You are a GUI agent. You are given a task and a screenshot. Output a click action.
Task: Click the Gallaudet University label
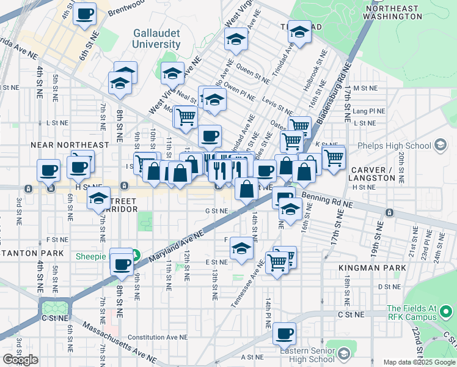click(158, 39)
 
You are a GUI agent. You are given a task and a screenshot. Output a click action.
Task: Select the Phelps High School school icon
click(439, 146)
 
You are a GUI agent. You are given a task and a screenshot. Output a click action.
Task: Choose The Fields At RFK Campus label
click(412, 313)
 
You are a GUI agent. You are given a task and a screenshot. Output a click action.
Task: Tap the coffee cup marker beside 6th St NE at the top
click(84, 13)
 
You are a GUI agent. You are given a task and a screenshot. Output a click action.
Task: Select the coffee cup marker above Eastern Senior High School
click(284, 334)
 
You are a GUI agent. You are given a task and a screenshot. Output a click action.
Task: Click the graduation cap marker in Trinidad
click(299, 32)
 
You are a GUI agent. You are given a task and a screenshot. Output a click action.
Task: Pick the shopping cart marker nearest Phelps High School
click(333, 157)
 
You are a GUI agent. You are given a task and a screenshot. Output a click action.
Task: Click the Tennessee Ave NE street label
click(247, 284)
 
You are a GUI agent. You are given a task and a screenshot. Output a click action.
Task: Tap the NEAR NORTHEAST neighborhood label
click(70, 145)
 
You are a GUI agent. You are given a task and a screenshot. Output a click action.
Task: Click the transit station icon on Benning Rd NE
click(389, 212)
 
